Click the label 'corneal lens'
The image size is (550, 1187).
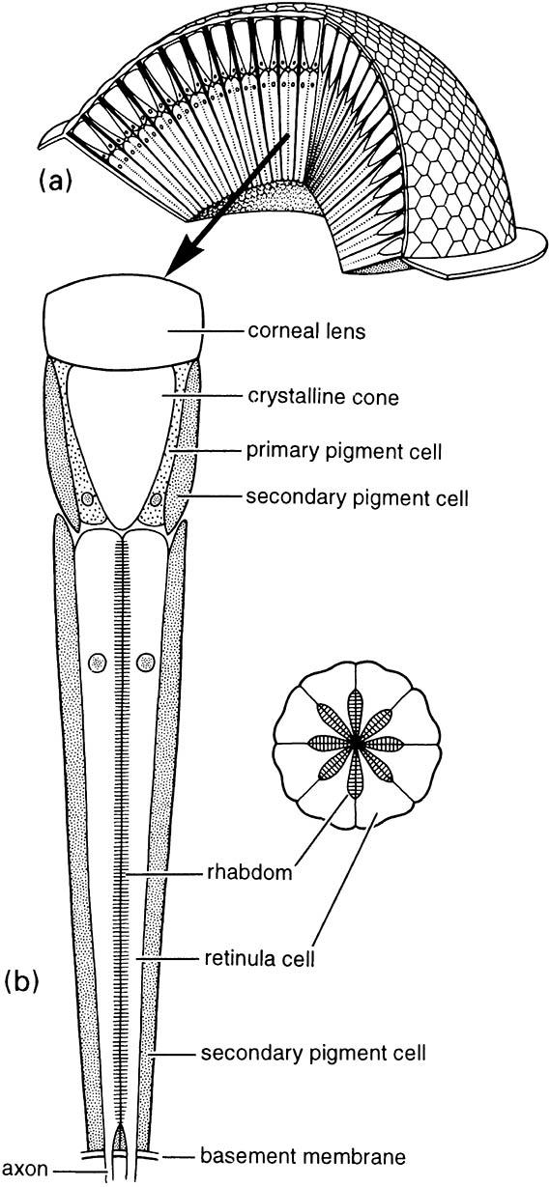coord(306,331)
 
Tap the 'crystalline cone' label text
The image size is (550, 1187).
coord(323,397)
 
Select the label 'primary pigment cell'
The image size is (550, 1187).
coord(344,452)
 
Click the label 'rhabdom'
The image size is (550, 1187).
coord(248,872)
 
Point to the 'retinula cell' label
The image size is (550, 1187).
coord(259,958)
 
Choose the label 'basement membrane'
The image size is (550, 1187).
coord(303,1156)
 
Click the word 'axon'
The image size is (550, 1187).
coord(26,1169)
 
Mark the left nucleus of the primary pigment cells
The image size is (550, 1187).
coord(86,498)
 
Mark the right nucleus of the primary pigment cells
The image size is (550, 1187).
coord(156,498)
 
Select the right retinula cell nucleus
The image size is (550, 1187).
coord(146,663)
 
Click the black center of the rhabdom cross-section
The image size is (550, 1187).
coord(357,744)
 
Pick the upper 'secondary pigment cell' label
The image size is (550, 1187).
coord(357,498)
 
